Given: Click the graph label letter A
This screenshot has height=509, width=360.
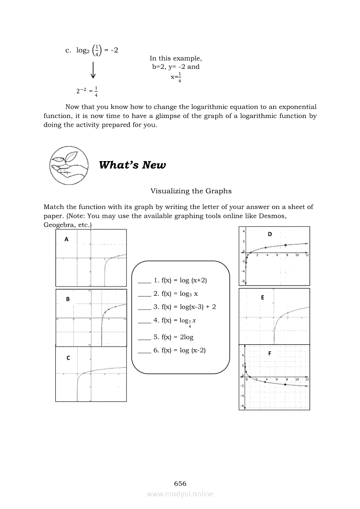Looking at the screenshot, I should point(67,239).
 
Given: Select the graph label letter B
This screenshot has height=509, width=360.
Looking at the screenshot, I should point(68,299).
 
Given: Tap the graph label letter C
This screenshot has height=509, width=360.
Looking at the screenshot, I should point(68,358).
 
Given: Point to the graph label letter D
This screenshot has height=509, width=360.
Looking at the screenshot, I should point(270,234).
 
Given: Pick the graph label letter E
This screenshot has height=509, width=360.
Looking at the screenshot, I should point(262,297).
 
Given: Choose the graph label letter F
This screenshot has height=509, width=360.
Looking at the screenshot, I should point(270,354).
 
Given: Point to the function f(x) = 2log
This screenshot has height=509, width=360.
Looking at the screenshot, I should point(173,337).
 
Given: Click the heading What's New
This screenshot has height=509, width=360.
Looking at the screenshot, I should point(132,165).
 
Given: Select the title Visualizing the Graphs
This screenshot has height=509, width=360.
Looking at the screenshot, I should point(191,191).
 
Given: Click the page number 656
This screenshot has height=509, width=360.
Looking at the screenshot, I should point(180,484).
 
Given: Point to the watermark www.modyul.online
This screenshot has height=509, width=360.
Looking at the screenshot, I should point(180,494).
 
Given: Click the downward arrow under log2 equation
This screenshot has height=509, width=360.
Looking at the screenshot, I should point(93,71).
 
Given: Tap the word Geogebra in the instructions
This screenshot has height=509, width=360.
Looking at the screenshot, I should point(58,225).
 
